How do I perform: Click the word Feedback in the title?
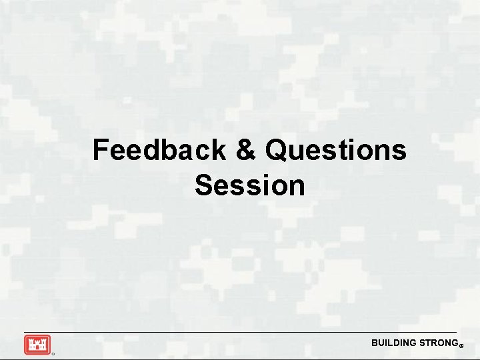[159, 151]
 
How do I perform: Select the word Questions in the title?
[335, 151]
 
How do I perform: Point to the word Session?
[250, 185]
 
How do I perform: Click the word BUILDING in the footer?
[393, 343]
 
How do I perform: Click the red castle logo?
[37, 345]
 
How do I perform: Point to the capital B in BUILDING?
[375, 343]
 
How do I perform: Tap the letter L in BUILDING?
[391, 343]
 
